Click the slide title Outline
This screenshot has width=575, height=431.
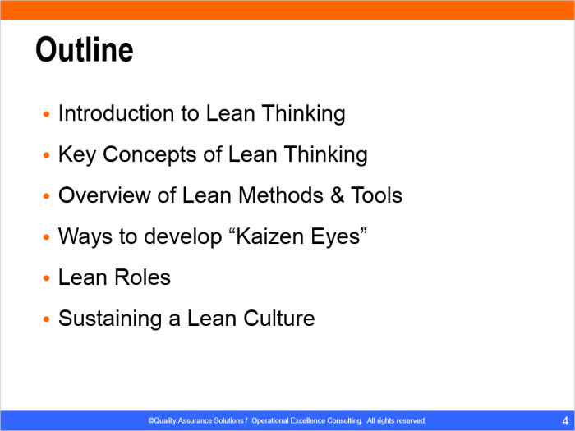point(85,50)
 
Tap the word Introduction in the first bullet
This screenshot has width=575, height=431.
point(117,113)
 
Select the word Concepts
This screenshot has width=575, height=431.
point(149,155)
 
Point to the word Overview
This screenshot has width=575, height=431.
point(104,195)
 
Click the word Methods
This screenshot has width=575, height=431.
point(281,195)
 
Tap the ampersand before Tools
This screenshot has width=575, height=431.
point(337,195)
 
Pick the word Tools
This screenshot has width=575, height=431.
point(376,195)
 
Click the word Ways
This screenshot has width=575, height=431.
point(85,236)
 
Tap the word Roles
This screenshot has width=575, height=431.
point(143,277)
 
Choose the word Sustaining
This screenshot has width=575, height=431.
point(110,319)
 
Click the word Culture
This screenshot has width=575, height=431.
point(279,319)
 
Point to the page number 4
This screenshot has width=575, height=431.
point(565,420)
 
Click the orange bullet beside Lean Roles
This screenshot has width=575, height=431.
point(46,278)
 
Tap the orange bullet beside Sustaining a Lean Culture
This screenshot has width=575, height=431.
point(46,319)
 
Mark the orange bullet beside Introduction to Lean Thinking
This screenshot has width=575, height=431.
point(46,114)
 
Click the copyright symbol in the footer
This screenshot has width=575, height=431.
point(150,420)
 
